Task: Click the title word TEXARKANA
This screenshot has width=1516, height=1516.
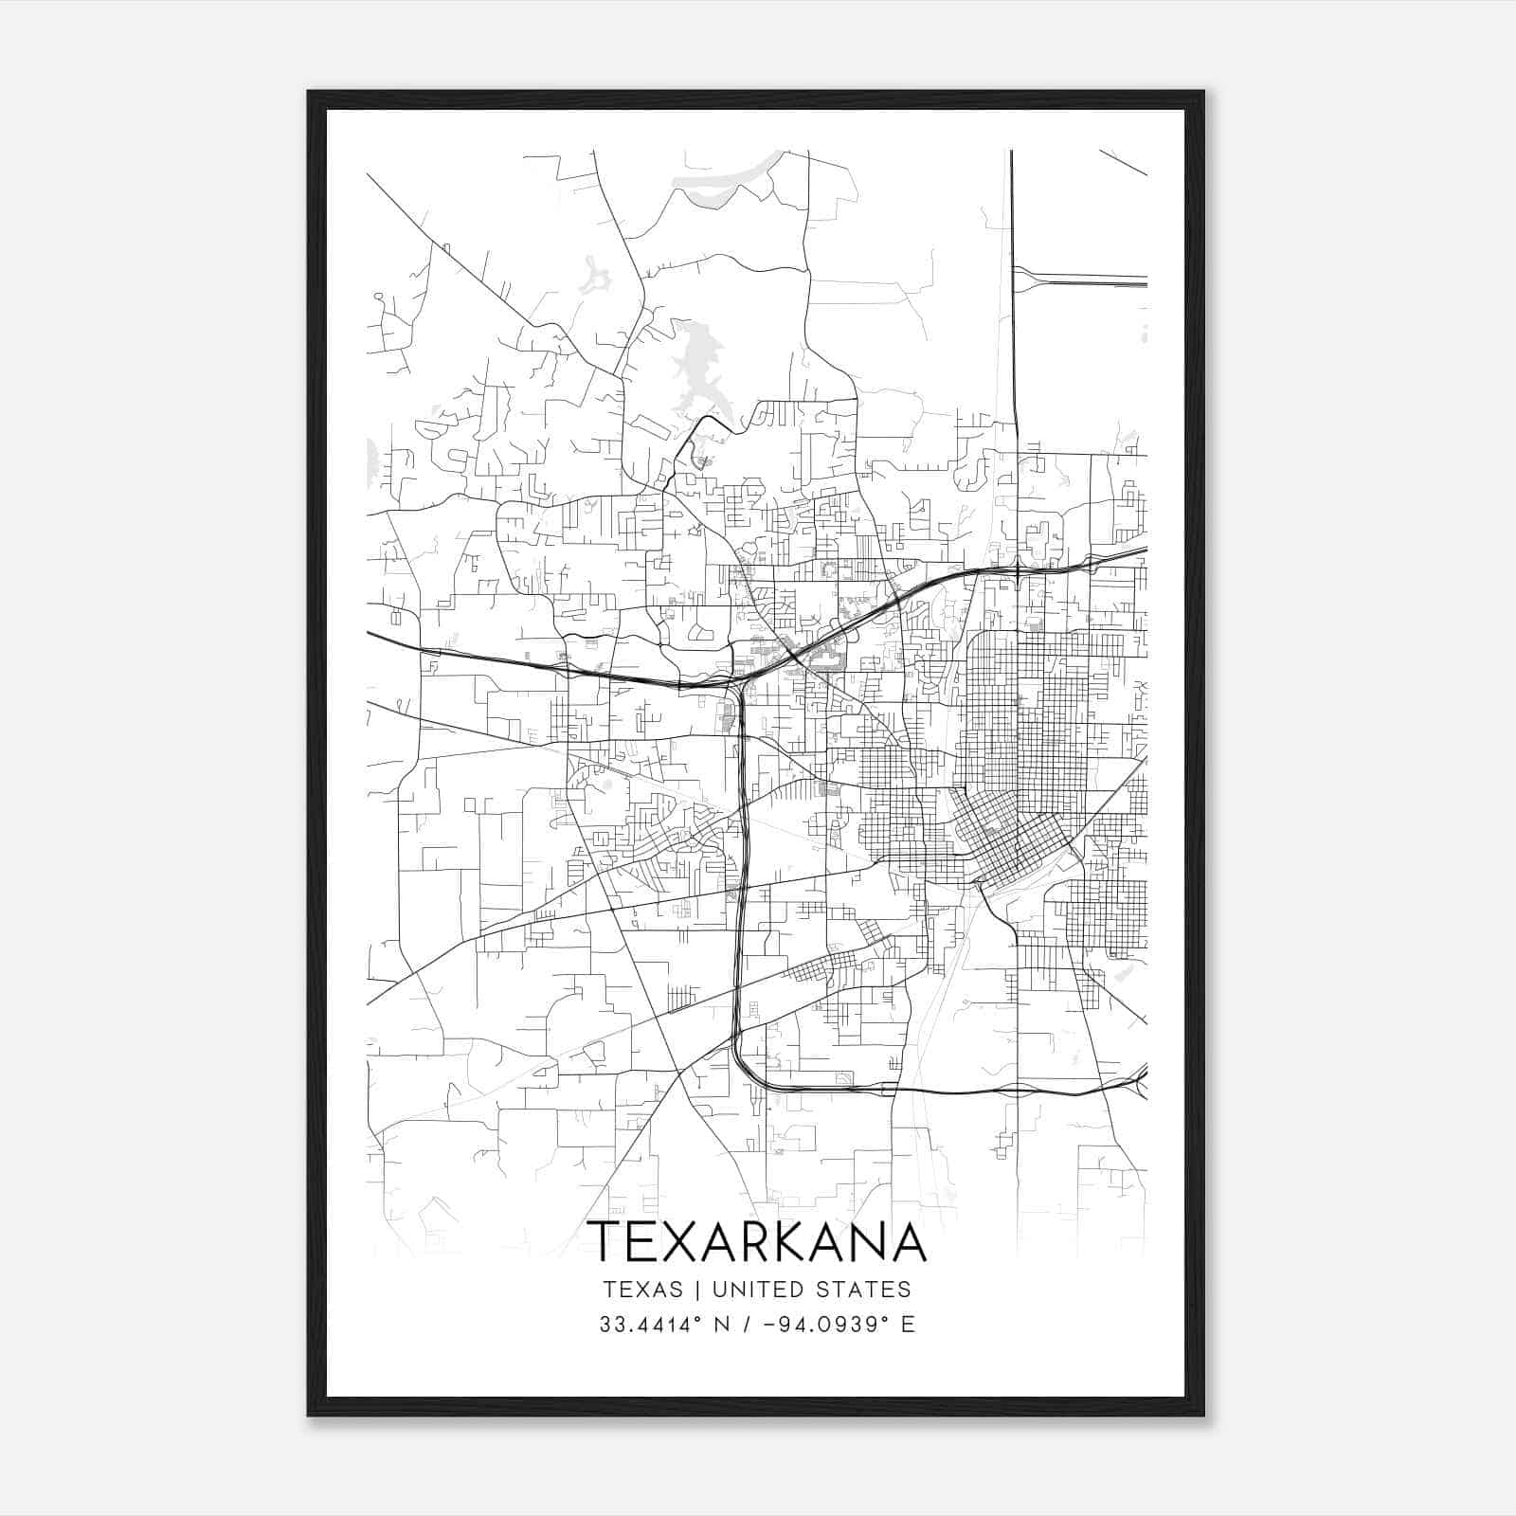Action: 756,1242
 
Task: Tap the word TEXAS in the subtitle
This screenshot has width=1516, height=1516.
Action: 642,1290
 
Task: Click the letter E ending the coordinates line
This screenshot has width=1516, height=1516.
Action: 908,1325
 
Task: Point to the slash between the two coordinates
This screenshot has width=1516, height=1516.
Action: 750,1325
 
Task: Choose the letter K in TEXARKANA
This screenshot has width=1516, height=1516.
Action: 795,1242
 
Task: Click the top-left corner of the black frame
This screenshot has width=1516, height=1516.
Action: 309,93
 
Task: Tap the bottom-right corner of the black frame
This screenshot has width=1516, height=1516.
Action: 1203,1415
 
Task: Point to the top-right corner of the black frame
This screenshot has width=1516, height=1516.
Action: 1203,93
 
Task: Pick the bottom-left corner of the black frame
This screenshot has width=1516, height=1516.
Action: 309,1415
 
